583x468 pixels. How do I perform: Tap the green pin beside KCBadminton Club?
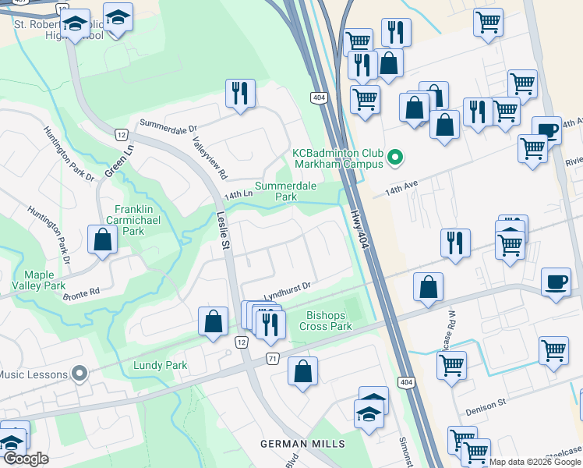[x=395, y=159]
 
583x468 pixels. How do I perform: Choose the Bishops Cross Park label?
[x=327, y=321]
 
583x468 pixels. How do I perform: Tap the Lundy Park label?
[x=160, y=365]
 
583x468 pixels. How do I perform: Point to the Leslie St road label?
[x=224, y=233]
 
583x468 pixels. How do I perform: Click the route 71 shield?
[x=272, y=357]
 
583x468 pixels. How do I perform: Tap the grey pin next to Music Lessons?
[x=78, y=375]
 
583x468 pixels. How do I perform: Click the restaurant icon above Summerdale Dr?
[x=239, y=94]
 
